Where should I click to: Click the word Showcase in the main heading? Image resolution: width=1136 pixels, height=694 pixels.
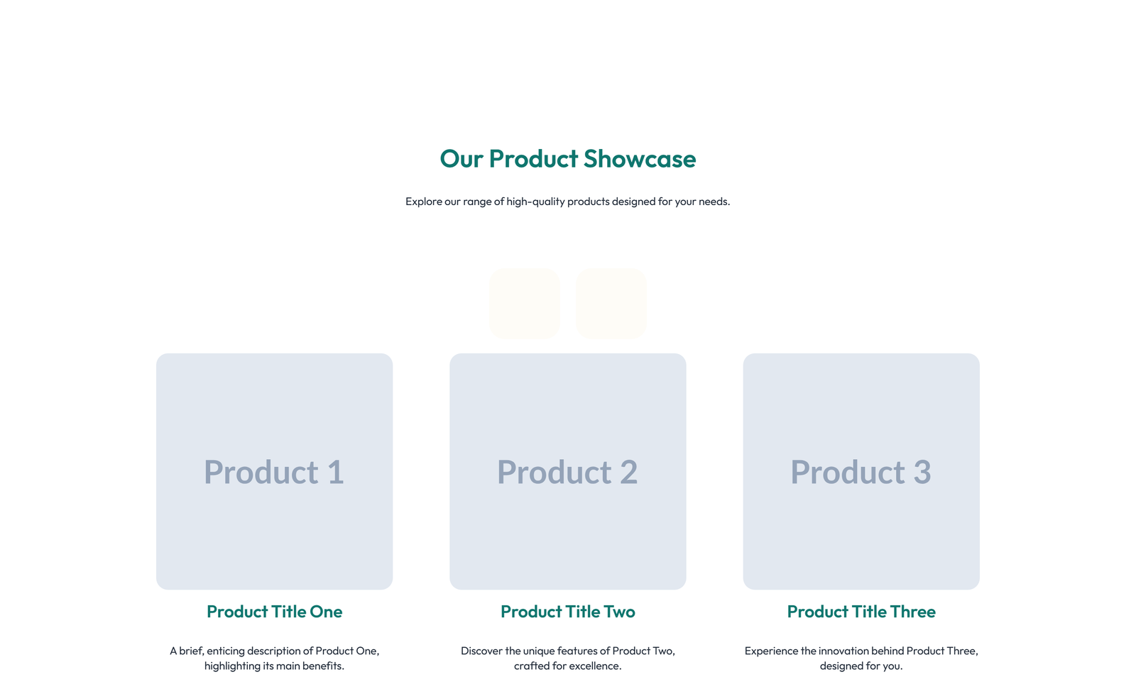point(640,159)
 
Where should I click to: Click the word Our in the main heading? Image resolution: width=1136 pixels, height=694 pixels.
point(461,159)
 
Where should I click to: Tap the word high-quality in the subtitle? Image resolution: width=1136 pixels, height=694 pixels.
point(535,202)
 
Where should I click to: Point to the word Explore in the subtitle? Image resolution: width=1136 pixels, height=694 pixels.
point(423,202)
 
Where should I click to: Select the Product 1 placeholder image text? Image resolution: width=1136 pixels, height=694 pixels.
point(274,472)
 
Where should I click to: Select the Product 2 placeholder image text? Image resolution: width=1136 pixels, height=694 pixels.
point(567,472)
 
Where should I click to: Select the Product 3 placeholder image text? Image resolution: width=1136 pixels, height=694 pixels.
point(861,472)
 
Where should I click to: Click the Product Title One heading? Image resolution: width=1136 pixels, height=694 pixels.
point(274,612)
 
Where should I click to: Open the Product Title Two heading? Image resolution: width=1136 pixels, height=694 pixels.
point(567,612)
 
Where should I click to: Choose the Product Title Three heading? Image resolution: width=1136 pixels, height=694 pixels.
point(861,612)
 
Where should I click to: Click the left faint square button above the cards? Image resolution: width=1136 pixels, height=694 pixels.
point(525,303)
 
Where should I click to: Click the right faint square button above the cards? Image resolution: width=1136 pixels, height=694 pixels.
point(611,303)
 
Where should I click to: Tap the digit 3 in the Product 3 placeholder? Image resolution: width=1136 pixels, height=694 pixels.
point(922,472)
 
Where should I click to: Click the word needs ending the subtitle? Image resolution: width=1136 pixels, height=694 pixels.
point(714,202)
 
